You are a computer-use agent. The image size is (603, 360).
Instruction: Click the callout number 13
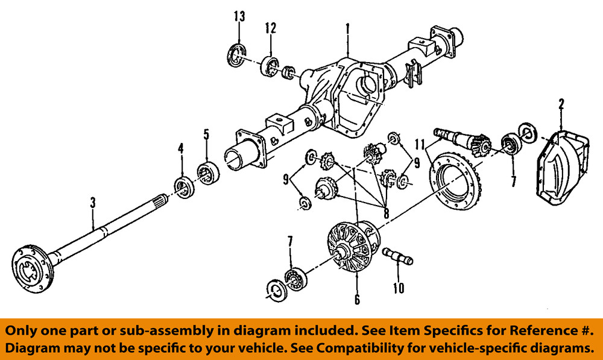239,16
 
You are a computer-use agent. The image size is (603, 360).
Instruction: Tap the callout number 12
270,28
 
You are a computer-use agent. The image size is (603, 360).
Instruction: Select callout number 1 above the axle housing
348,28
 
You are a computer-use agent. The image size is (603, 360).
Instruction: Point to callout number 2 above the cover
561,104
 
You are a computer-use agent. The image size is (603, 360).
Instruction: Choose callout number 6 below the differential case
357,299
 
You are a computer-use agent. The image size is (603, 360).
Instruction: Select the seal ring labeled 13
236,55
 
